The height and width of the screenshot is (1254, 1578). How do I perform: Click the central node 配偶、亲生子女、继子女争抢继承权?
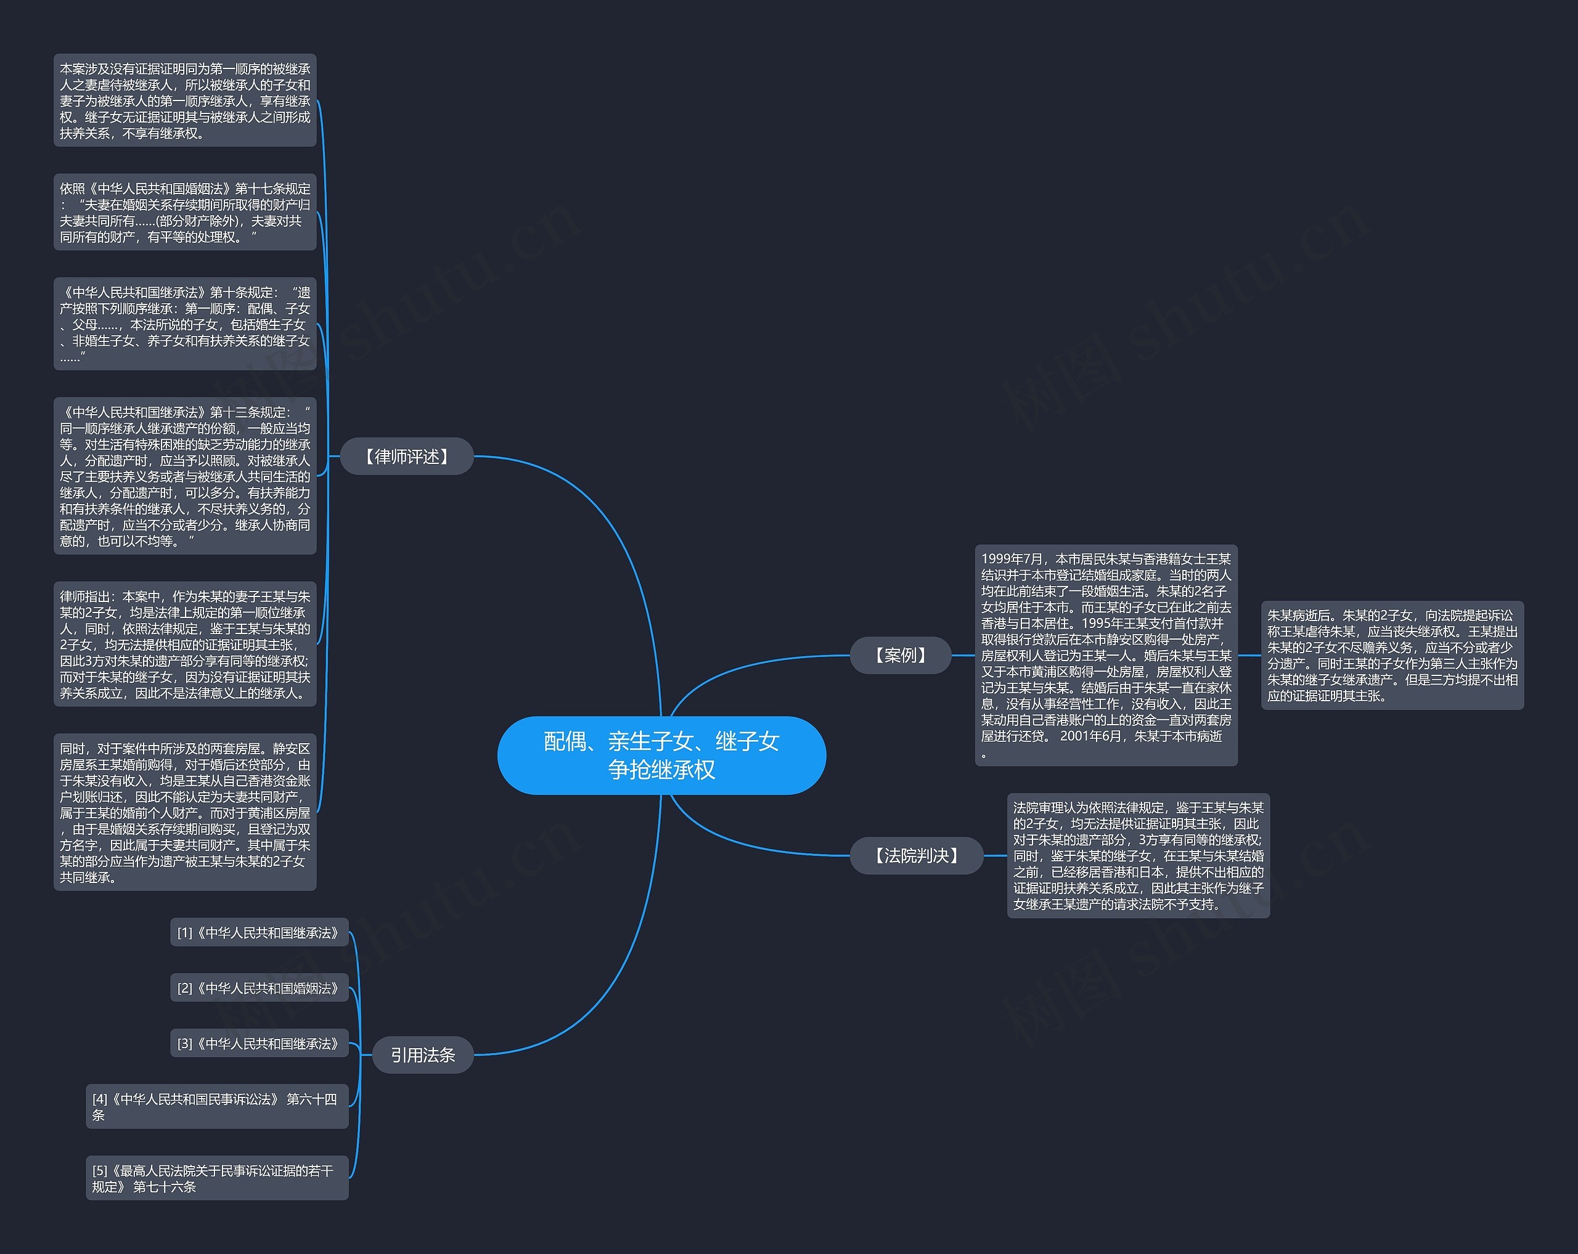(661, 755)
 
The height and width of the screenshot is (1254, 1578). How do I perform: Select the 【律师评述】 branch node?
(407, 457)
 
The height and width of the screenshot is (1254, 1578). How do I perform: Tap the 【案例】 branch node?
(900, 655)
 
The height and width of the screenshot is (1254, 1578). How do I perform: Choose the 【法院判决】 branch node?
(917, 855)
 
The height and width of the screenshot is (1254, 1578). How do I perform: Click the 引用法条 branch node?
(422, 1054)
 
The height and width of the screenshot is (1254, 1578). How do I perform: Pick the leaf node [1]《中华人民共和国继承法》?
(259, 933)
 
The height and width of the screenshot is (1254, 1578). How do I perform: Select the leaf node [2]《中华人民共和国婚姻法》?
(259, 988)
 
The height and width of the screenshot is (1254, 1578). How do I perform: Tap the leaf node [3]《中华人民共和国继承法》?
(259, 1044)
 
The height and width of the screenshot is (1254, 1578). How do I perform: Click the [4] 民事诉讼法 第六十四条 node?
(216, 1106)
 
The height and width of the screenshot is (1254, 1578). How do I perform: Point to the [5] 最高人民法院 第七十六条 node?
(216, 1178)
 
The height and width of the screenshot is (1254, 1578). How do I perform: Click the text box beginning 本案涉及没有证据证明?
(185, 100)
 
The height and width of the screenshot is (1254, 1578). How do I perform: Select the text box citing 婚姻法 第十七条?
(185, 212)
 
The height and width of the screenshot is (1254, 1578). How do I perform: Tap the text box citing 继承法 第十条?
(185, 324)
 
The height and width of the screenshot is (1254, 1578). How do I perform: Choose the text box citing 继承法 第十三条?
(185, 476)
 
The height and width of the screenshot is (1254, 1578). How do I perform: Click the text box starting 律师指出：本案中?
(185, 645)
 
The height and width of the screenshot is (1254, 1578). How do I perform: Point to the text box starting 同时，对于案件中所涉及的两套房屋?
(185, 812)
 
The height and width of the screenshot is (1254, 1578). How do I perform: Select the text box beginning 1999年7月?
(1106, 655)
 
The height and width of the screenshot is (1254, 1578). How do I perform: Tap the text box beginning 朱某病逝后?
(1392, 655)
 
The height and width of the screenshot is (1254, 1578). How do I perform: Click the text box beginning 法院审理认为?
(1138, 855)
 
